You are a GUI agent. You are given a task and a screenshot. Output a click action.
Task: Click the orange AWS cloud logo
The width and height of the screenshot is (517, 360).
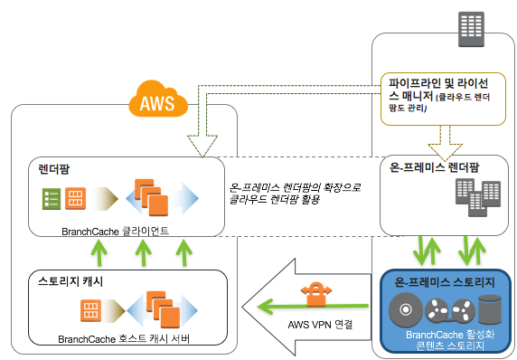point(158,99)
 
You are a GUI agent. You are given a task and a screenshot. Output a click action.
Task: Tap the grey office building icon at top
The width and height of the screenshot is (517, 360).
point(472,29)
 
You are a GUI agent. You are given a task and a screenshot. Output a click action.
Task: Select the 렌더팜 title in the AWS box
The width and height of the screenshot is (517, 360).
point(54,169)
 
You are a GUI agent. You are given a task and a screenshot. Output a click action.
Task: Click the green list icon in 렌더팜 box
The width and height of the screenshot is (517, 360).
point(52,199)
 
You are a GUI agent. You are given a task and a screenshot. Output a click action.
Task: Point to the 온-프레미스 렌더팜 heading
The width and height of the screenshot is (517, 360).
point(434,167)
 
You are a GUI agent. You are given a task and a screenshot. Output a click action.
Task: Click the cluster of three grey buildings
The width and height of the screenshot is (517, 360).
point(478,197)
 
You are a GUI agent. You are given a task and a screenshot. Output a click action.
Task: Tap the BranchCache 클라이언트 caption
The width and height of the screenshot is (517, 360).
point(115,231)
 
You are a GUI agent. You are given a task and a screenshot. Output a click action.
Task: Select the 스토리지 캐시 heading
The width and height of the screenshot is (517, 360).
point(70,281)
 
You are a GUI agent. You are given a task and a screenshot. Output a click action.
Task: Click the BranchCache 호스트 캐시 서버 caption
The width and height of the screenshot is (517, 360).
point(124,339)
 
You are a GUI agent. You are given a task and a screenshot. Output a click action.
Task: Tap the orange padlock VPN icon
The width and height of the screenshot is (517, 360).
point(316,294)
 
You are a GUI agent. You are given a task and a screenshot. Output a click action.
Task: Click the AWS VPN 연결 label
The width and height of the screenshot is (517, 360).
point(320,325)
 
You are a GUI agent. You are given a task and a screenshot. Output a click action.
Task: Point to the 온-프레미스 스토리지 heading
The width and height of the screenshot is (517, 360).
point(445,282)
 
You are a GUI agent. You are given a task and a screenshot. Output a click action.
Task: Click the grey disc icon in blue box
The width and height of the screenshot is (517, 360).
point(406,309)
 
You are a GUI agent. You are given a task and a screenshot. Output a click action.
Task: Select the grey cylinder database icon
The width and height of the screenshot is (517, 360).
point(490,309)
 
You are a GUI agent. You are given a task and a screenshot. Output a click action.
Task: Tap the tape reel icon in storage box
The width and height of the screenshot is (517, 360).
point(450,310)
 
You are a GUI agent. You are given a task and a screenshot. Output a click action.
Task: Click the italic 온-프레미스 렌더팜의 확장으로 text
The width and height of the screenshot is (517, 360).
point(295,187)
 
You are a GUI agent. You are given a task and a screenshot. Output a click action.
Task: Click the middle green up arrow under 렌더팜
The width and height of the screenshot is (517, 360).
point(144,252)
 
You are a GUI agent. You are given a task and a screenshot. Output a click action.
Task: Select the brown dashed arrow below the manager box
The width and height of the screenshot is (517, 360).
point(445,143)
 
